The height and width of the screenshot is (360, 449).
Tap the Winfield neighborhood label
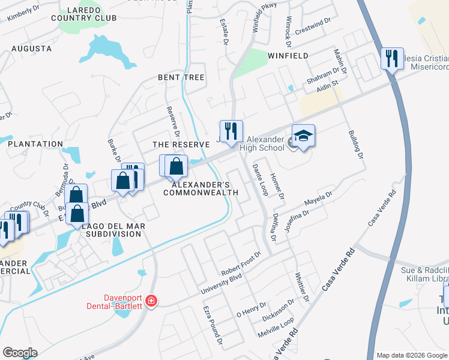click(284, 56)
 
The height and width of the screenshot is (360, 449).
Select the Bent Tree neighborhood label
click(181, 78)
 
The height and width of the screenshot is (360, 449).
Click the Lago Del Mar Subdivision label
click(113, 229)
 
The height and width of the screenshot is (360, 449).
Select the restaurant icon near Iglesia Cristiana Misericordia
click(392, 58)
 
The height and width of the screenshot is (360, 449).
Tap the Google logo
click(19, 353)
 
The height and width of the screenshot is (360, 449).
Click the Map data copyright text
click(411, 355)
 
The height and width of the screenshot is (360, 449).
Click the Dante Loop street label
click(260, 179)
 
